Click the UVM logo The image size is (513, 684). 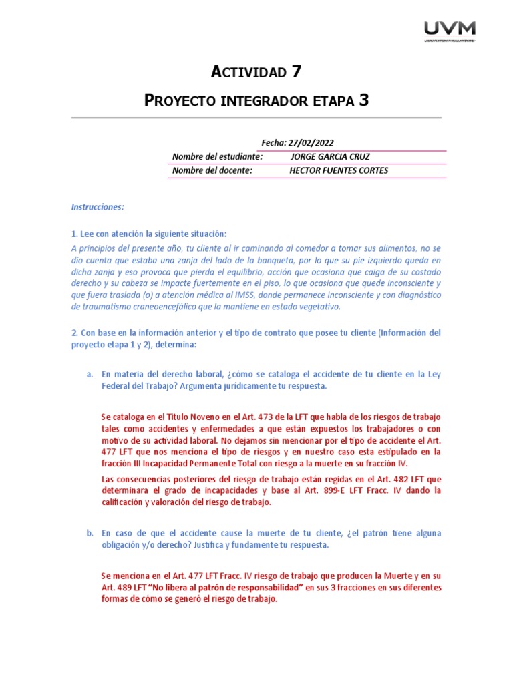[450, 30]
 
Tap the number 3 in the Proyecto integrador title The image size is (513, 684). [363, 100]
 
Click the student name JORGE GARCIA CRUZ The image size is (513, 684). [330, 156]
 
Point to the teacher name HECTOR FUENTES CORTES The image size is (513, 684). [338, 170]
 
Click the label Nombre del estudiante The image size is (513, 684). [217, 156]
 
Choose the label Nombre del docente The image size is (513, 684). [212, 170]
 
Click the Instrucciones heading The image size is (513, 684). [98, 207]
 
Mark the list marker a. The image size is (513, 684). [90, 375]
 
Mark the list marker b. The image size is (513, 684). [90, 534]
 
